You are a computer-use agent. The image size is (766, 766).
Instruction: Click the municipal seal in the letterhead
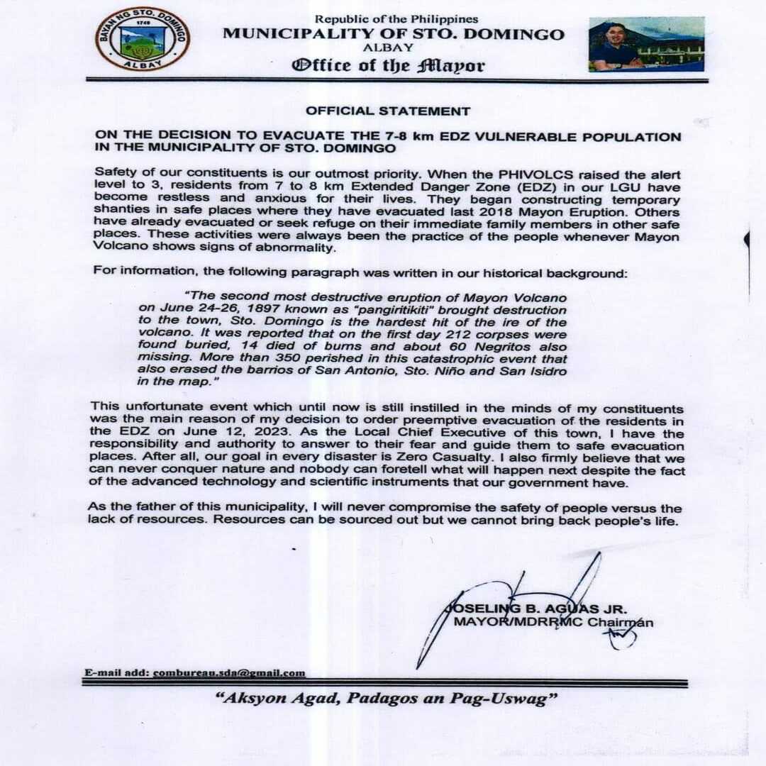coord(143,40)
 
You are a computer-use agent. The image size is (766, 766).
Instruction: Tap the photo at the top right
coord(646,44)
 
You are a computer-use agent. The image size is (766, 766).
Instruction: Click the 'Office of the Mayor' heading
coord(389,66)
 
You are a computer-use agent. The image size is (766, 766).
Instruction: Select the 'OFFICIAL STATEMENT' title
coord(388,111)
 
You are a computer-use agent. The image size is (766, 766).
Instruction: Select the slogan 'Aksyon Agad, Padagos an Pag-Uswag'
coord(386,699)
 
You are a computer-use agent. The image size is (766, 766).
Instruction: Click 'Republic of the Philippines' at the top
coord(396,19)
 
